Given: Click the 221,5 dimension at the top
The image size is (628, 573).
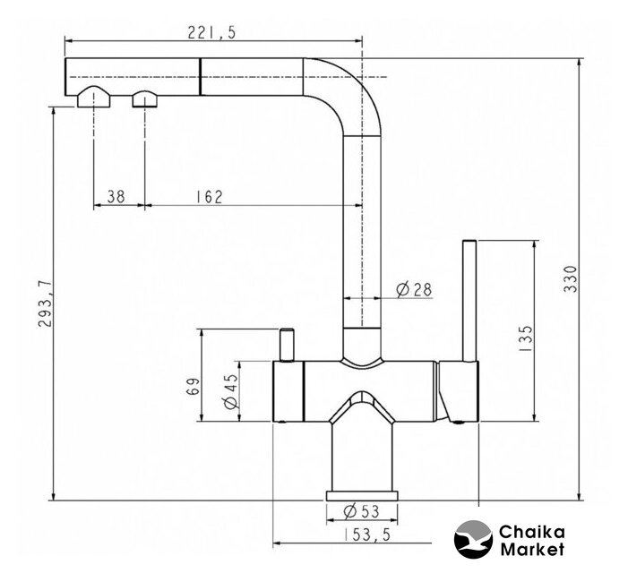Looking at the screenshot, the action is [211, 32].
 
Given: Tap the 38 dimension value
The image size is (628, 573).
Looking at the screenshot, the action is [116, 196].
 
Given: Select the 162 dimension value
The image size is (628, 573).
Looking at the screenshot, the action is [209, 196].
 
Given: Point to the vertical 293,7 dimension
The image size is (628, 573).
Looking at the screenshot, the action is [45, 304].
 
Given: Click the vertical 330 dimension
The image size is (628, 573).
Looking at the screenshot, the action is [570, 279].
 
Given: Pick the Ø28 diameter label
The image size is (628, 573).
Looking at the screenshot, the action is [414, 289].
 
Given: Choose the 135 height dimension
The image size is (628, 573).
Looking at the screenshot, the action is [526, 338].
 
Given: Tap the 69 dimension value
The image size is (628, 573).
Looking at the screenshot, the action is [193, 386].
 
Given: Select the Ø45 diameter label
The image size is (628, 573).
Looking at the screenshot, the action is [231, 392].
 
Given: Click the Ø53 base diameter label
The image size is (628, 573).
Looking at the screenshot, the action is [361, 511].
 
